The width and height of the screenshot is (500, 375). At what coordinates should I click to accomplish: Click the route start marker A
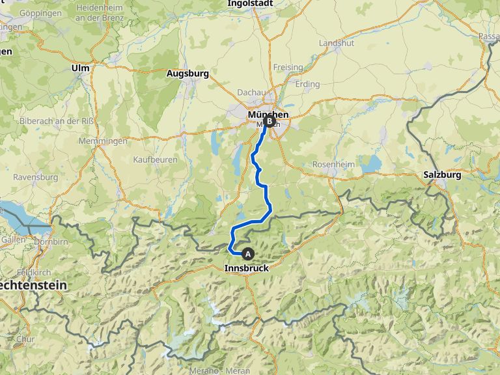(247, 253)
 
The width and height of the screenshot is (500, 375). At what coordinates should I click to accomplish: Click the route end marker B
(269, 120)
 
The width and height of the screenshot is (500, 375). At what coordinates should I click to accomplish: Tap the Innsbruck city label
(246, 268)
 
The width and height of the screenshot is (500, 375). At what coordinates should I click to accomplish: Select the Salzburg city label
(442, 174)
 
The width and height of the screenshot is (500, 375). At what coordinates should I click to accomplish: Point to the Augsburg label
(187, 74)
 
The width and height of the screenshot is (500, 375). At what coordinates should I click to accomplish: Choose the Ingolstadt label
(250, 3)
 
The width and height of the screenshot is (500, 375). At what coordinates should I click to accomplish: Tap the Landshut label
(336, 43)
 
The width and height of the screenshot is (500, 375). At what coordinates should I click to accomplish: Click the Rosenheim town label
(334, 164)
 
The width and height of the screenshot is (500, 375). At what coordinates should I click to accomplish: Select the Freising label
(288, 67)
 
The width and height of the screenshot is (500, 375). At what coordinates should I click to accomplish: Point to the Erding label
(307, 84)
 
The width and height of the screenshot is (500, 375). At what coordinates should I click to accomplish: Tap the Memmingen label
(102, 141)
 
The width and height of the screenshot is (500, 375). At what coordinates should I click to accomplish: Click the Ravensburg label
(35, 176)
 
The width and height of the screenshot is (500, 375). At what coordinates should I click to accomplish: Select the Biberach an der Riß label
(57, 121)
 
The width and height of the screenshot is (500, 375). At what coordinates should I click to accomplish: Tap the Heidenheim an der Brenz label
(100, 12)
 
